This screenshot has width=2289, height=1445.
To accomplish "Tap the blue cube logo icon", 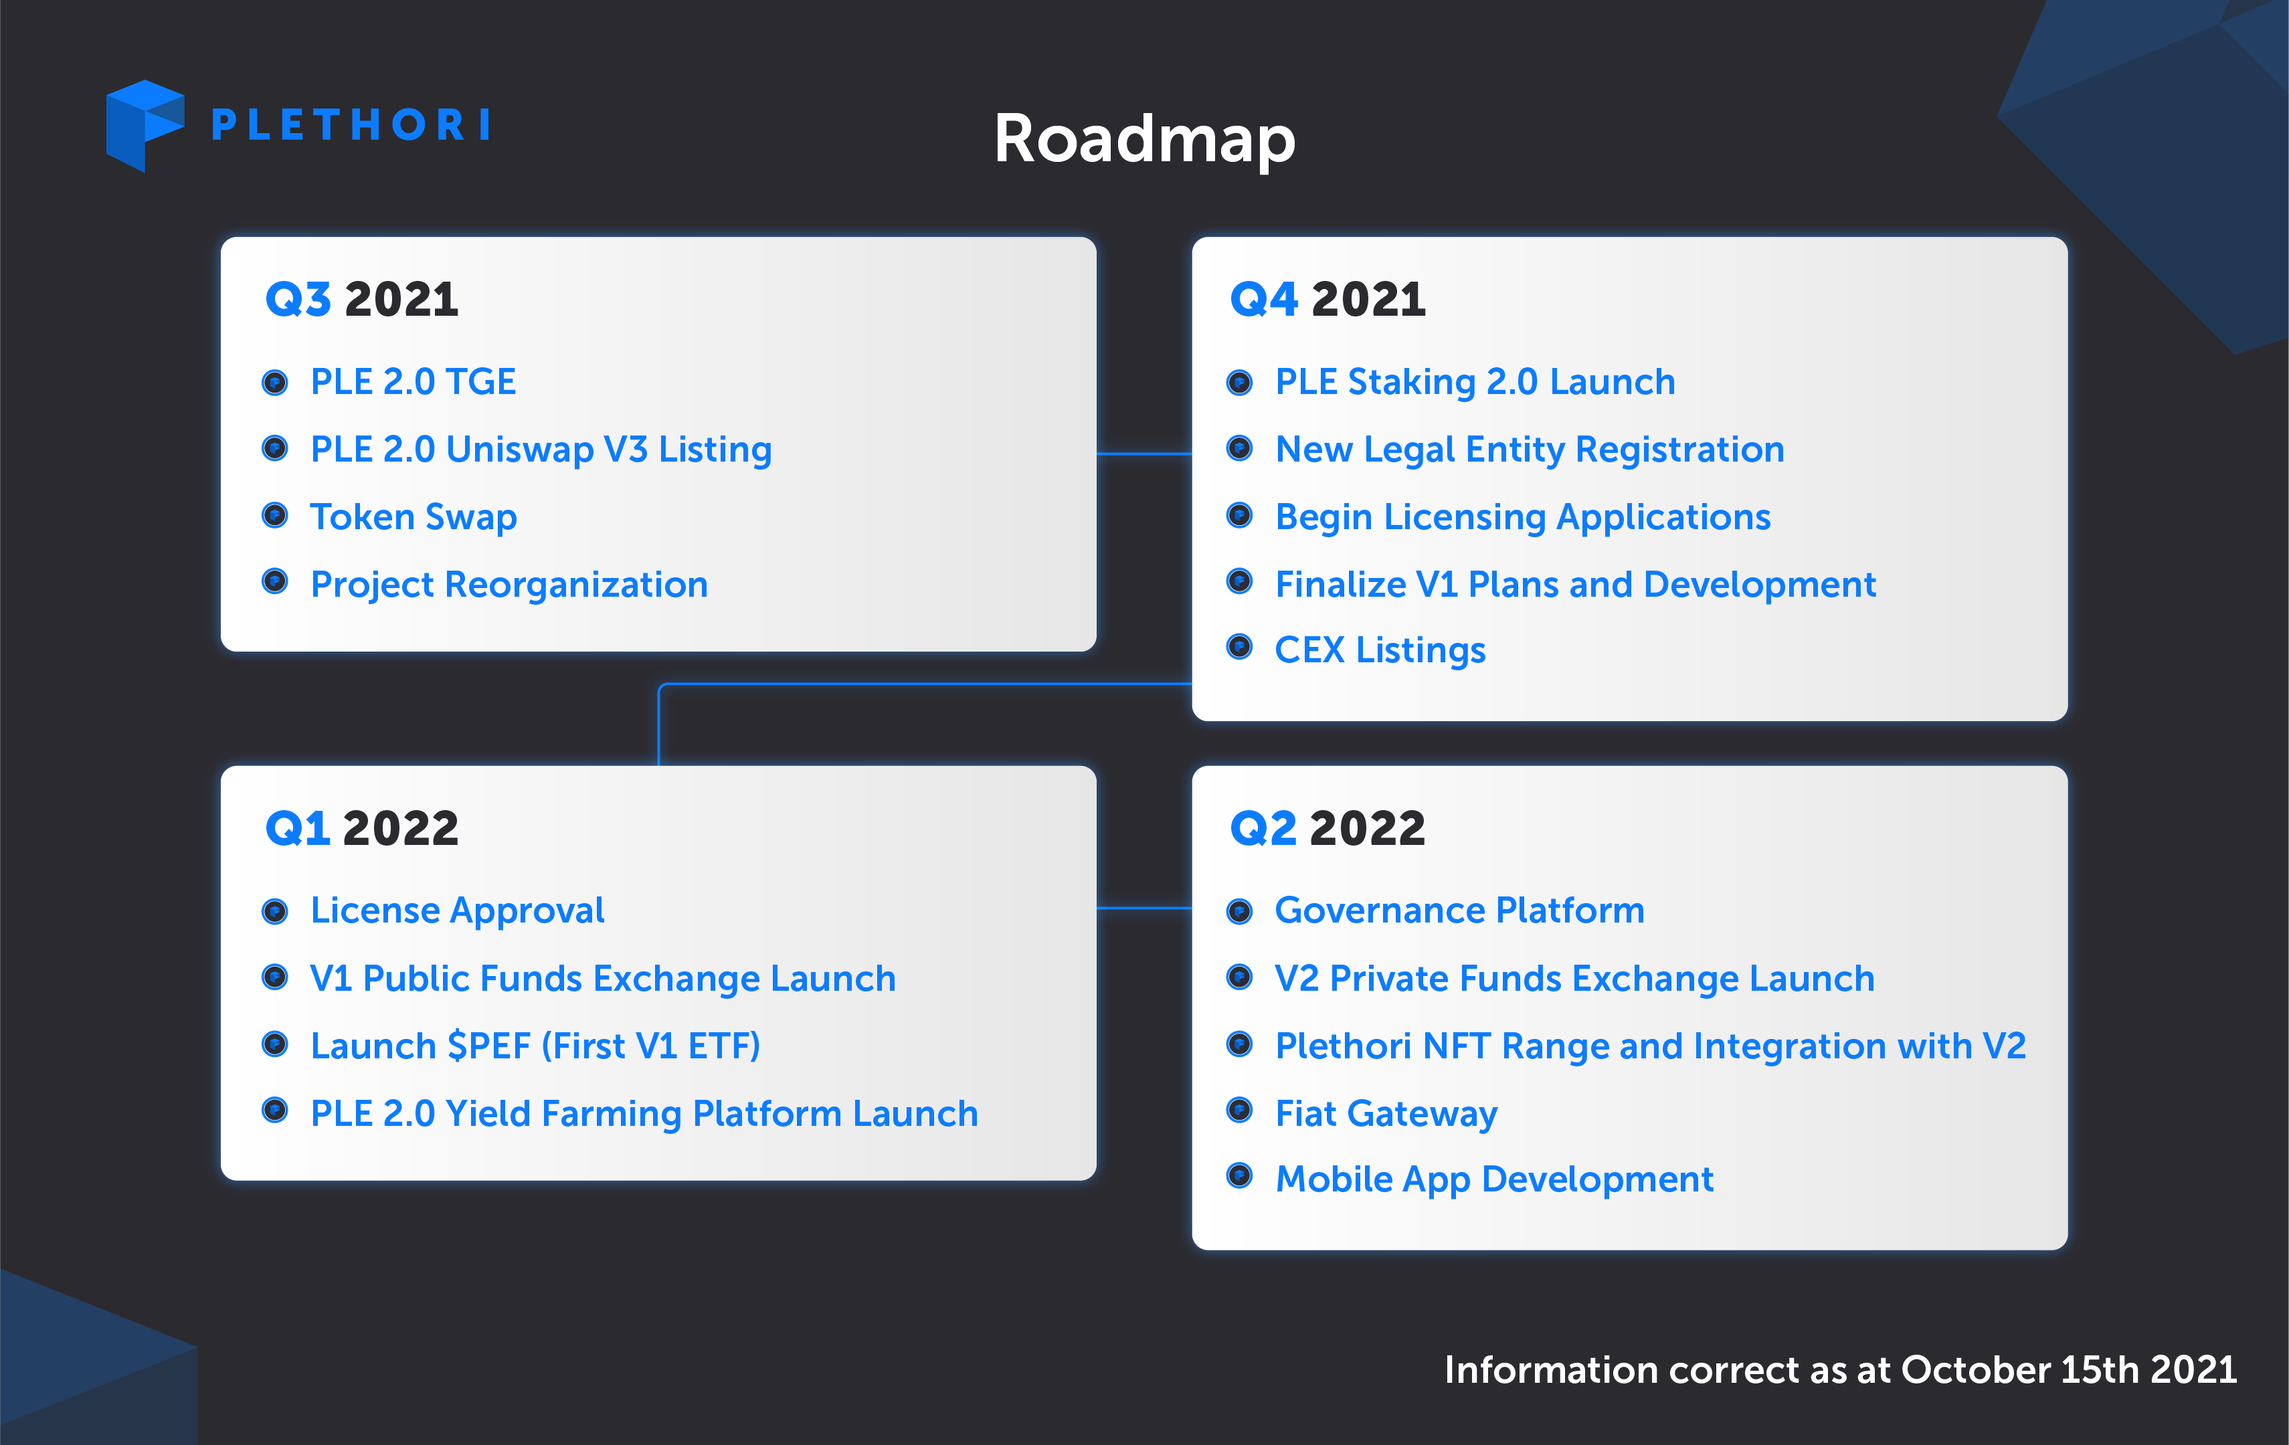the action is click(145, 126).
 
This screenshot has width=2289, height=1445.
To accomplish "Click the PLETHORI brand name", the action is click(351, 124).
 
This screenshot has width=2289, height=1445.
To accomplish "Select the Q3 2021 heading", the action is click(362, 300).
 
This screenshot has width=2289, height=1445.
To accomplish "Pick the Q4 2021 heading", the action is click(1328, 300).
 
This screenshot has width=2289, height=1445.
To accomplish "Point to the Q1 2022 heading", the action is click(362, 828).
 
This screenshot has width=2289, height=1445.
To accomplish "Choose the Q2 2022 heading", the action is click(1328, 828).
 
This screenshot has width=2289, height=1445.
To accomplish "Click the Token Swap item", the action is click(414, 517).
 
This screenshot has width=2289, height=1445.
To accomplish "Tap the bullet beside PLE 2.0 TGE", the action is click(275, 382).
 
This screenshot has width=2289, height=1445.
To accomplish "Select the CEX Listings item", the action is click(1380, 650).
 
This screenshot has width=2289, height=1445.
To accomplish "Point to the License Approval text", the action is click(457, 910).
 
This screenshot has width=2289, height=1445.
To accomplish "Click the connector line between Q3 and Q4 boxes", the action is click(1144, 454).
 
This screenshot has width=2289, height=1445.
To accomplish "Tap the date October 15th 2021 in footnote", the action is click(2068, 1370).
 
